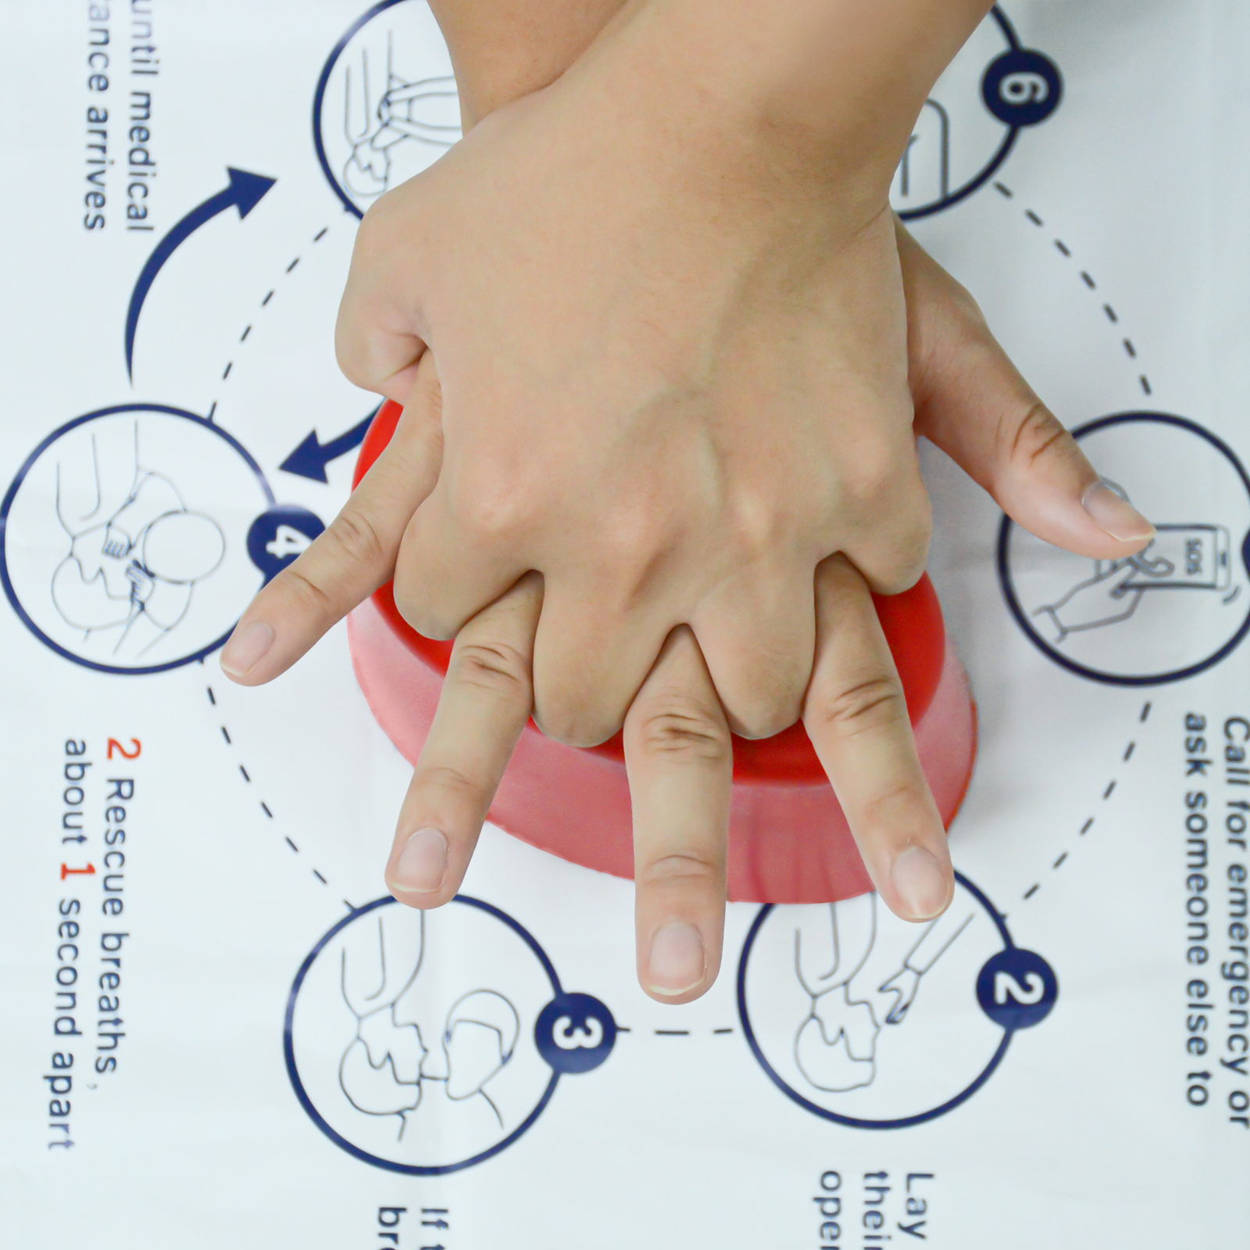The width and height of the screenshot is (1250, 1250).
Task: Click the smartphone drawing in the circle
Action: (1187, 570)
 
